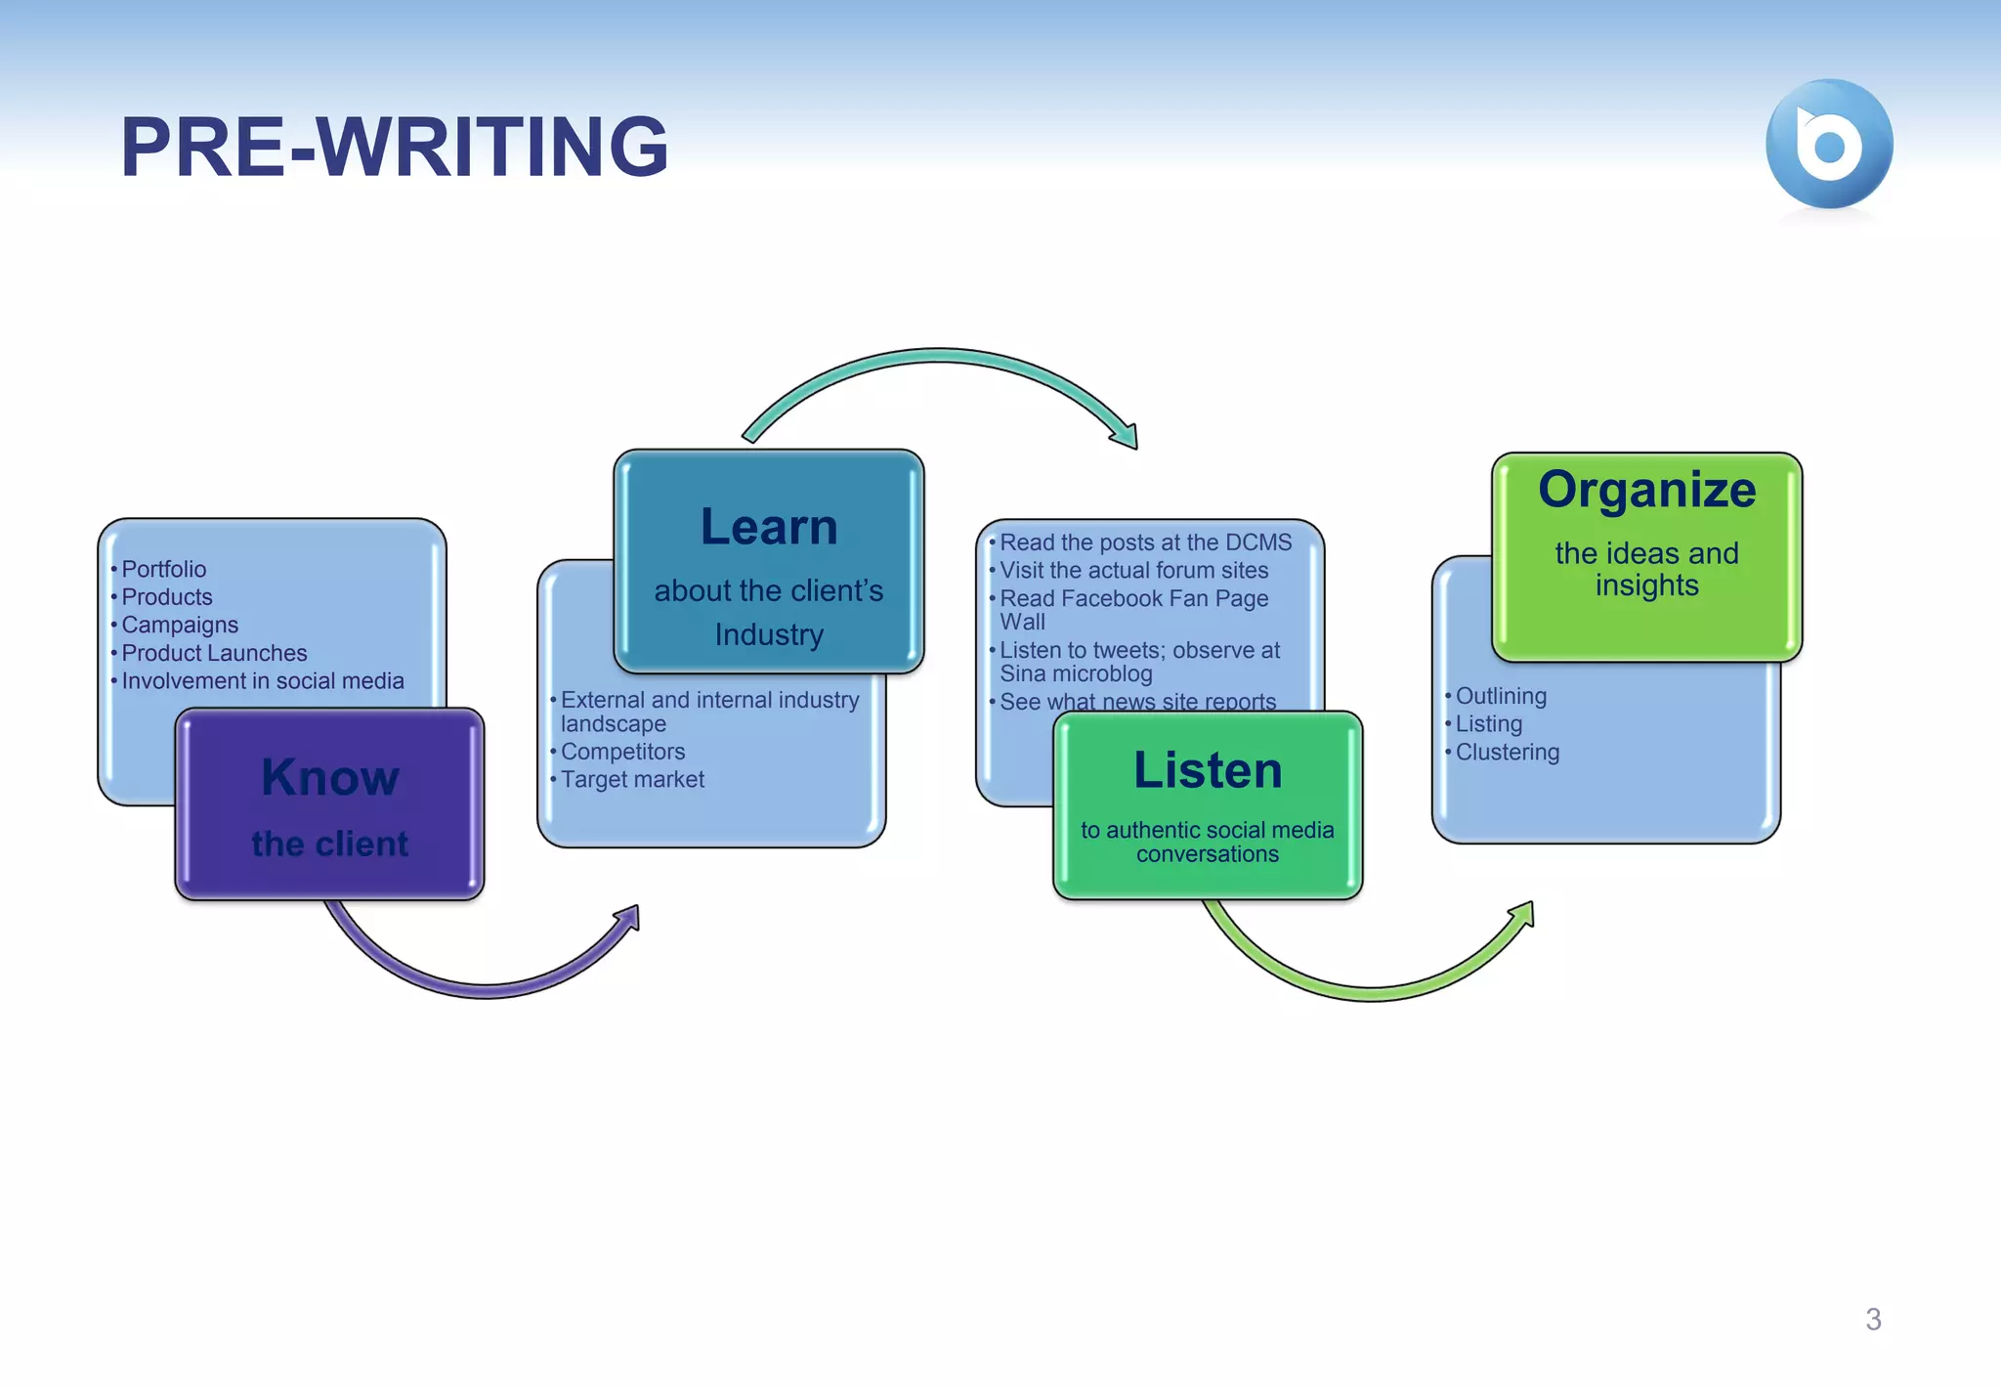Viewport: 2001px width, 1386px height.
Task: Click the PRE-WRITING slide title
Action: [x=394, y=147]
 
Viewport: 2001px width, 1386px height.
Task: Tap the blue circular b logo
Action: [x=1828, y=145]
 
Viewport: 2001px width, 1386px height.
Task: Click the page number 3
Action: [x=1872, y=1320]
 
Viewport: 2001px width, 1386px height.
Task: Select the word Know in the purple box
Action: [x=330, y=778]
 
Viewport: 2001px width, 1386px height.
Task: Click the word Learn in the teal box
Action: [x=769, y=528]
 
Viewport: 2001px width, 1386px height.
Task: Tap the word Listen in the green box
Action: [x=1208, y=770]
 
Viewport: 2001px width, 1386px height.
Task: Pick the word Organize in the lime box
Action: [x=1646, y=490]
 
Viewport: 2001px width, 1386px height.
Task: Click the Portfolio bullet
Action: [x=163, y=569]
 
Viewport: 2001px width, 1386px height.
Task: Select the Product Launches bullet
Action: [x=214, y=653]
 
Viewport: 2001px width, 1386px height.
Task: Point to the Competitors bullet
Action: [x=622, y=752]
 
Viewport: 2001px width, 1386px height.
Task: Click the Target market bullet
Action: [x=632, y=780]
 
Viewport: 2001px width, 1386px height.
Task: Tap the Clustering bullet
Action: [x=1507, y=753]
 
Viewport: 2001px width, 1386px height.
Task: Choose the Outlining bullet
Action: [x=1501, y=696]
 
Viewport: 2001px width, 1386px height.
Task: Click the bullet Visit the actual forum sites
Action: [x=1133, y=571]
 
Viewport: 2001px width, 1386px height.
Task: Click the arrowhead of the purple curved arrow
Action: [x=628, y=919]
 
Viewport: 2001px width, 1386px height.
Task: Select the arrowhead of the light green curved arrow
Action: [x=1523, y=916]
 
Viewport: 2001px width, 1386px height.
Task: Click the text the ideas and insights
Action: [x=1646, y=569]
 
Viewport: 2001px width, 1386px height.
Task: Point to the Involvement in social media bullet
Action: [x=262, y=681]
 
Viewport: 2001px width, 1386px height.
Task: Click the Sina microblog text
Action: [x=1076, y=674]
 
